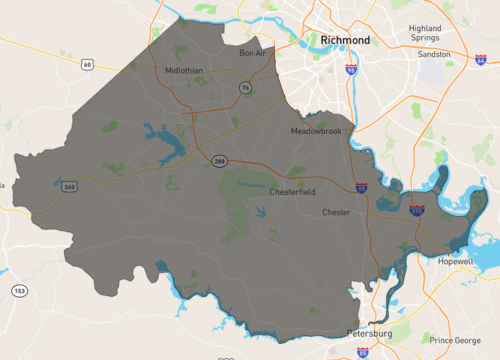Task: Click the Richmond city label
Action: (345, 40)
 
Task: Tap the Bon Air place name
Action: (254, 53)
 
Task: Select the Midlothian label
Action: (185, 70)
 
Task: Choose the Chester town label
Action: (336, 213)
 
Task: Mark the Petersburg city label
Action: (368, 332)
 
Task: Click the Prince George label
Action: (454, 340)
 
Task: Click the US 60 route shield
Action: (87, 64)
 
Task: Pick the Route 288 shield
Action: (218, 160)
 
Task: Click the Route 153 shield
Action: (19, 290)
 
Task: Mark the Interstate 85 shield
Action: (361, 352)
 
